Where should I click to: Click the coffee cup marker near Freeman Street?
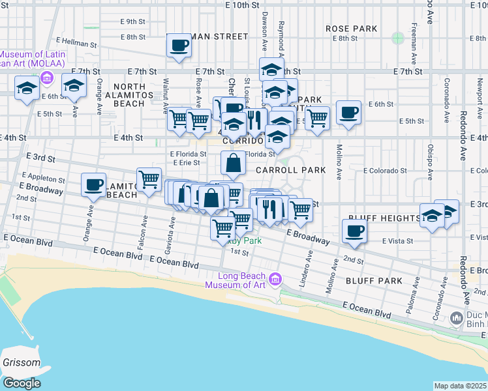point(179,46)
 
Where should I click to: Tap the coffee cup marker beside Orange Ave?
point(94,184)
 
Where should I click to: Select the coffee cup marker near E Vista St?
point(354,231)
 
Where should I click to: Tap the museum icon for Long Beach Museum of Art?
point(275,280)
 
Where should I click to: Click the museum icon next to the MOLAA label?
point(46,79)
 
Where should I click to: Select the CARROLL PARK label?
point(290,169)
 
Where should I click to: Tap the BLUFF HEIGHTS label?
point(384,218)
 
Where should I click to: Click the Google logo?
point(21,383)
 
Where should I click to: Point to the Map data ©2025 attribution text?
point(461,386)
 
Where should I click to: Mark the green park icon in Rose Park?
point(398,38)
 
